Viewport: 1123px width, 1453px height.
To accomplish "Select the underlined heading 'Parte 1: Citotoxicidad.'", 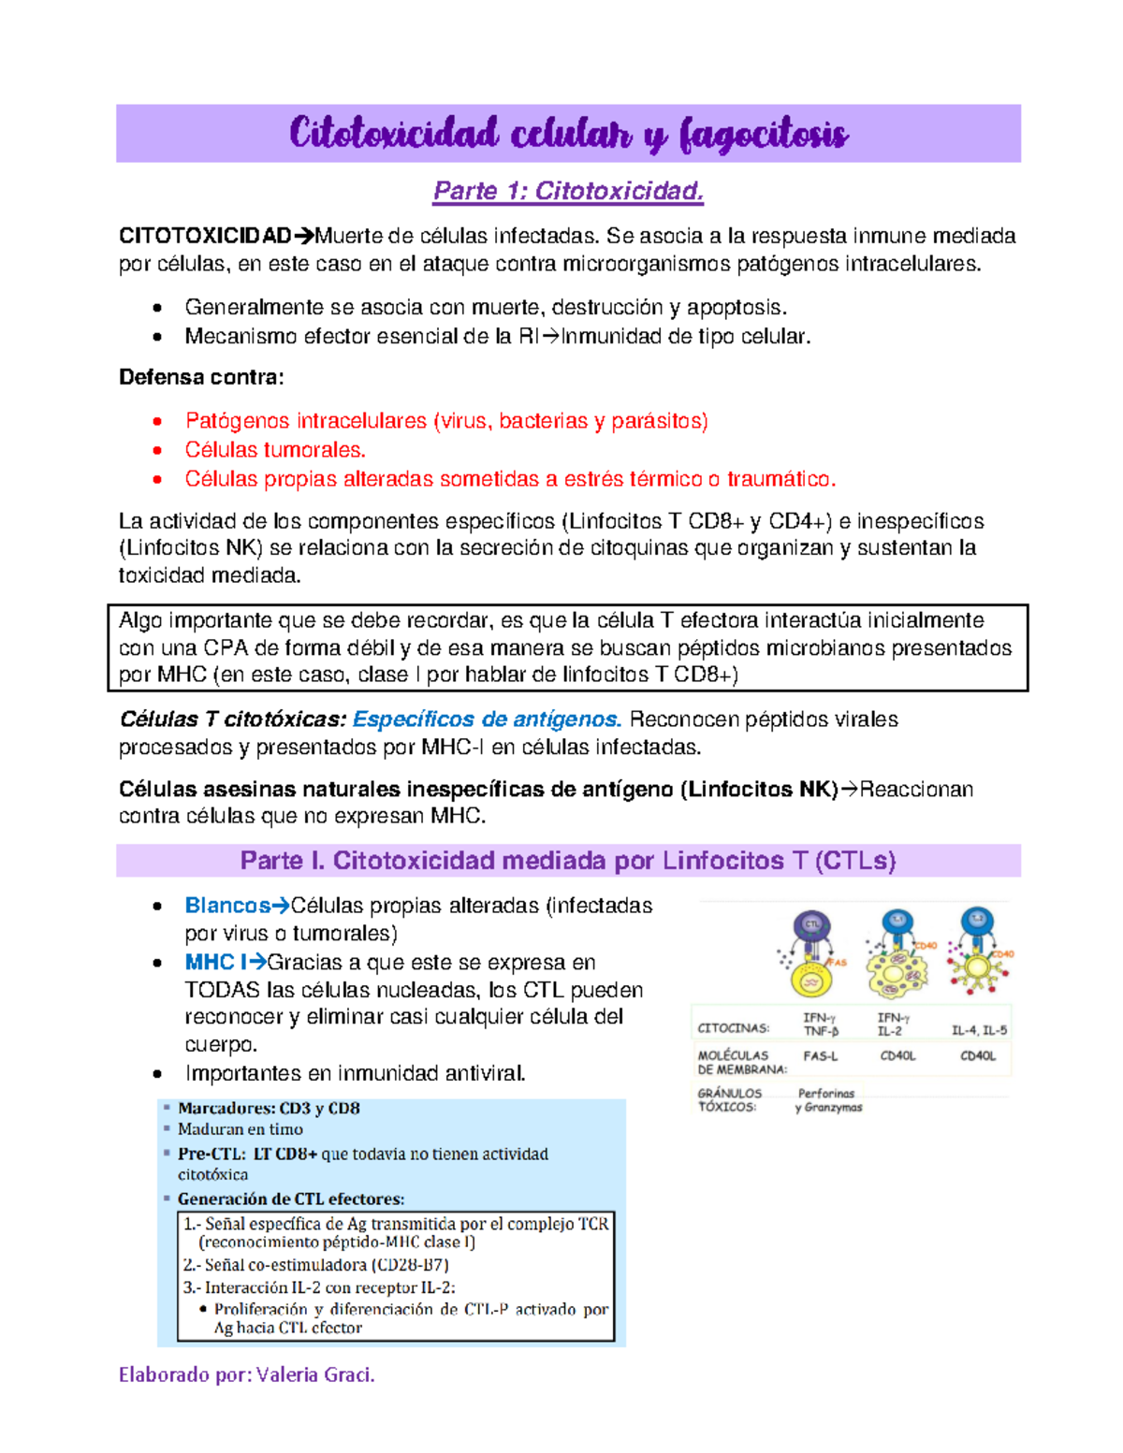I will point(567,191).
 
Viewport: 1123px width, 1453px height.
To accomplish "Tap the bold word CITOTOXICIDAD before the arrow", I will point(205,236).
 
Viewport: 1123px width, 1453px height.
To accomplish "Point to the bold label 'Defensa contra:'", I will point(201,377).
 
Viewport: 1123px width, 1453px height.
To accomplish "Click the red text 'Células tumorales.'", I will point(275,450).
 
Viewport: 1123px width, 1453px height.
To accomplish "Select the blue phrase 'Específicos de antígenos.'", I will point(487,719).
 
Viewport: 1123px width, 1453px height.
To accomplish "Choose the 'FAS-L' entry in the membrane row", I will point(821,1055).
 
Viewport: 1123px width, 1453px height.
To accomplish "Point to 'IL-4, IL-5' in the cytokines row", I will point(979,1030).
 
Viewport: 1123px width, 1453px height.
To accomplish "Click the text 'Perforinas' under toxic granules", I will point(826,1093).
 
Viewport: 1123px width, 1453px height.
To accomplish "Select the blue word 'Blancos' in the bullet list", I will point(227,906).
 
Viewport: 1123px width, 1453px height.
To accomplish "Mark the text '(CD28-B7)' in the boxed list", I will point(410,1265).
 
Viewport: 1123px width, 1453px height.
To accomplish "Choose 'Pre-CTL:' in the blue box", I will point(212,1155).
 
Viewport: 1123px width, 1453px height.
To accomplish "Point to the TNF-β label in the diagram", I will point(821,1031).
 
